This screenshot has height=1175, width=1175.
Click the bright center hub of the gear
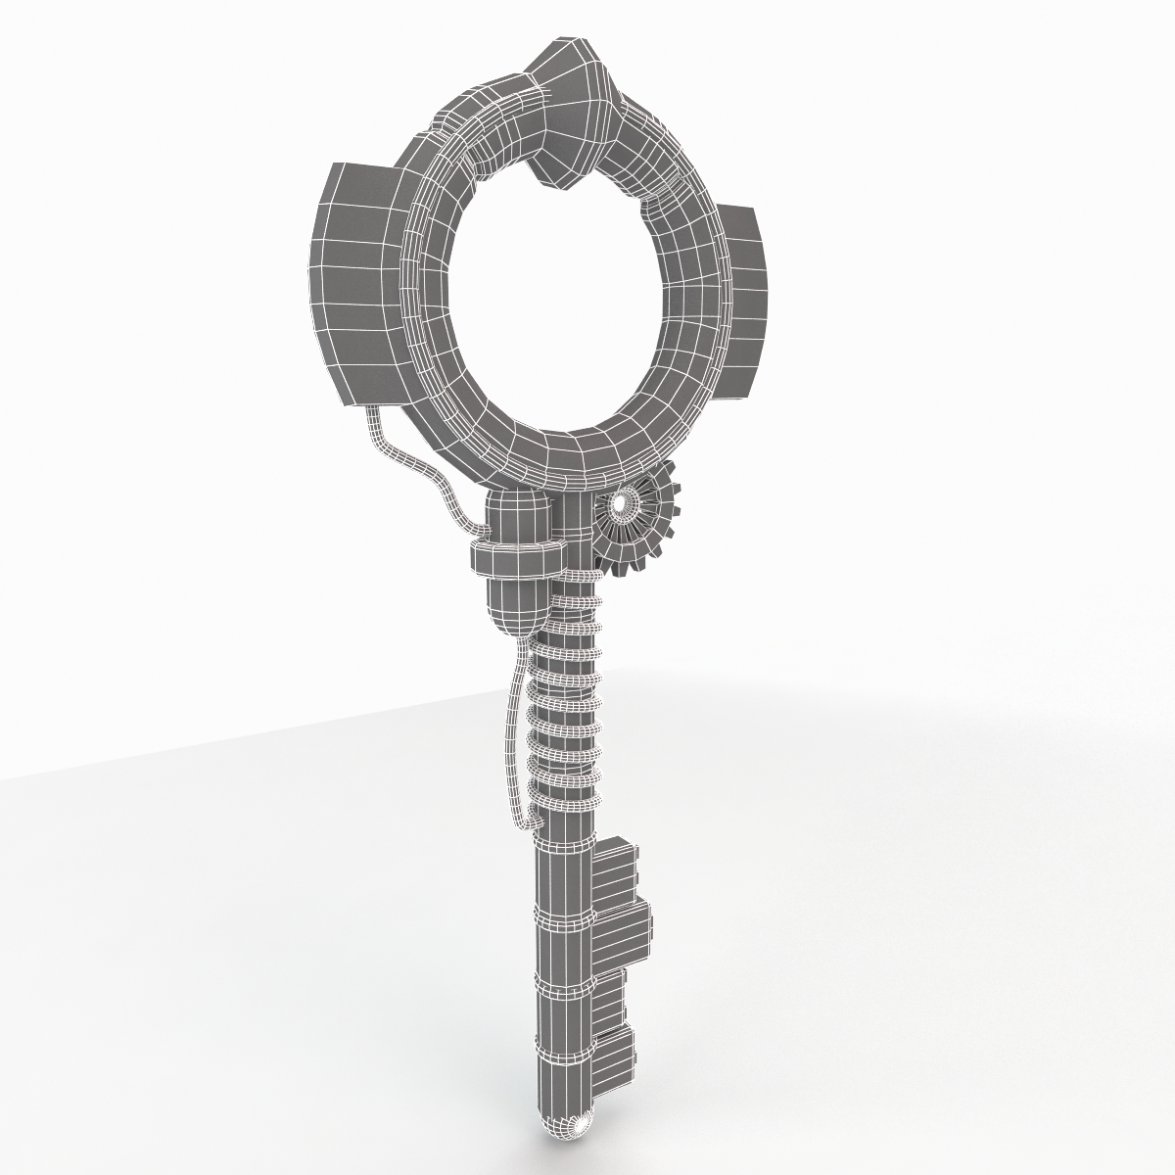[x=621, y=505]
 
